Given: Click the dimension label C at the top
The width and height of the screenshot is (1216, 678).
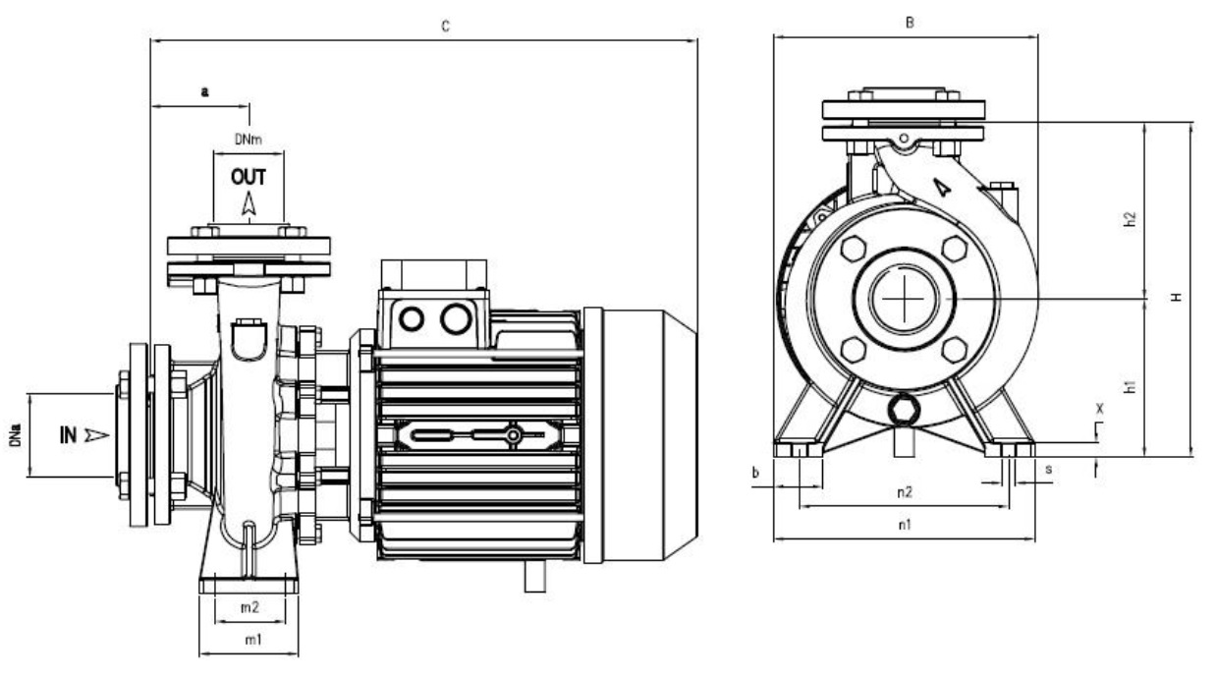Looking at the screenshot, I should pyautogui.click(x=445, y=27).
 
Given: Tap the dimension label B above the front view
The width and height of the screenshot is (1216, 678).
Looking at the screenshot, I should pyautogui.click(x=910, y=23).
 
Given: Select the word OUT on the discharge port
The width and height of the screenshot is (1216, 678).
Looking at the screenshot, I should pyautogui.click(x=249, y=179).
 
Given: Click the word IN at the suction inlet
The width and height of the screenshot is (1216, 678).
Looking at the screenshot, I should pyautogui.click(x=68, y=434).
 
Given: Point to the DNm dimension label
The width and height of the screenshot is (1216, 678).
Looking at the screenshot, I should pyautogui.click(x=248, y=141).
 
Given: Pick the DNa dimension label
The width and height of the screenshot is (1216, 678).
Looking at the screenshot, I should pyautogui.click(x=17, y=435).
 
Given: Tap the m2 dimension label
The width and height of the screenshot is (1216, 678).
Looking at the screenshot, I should pyautogui.click(x=249, y=608).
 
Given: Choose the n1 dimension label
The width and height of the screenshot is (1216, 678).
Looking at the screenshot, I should pyautogui.click(x=905, y=525).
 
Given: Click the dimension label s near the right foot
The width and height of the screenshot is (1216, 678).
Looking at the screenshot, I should pyautogui.click(x=1049, y=470).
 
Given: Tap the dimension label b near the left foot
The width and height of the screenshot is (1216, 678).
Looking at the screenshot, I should pyautogui.click(x=755, y=473).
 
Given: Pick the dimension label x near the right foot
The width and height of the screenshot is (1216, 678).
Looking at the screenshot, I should pyautogui.click(x=1099, y=406).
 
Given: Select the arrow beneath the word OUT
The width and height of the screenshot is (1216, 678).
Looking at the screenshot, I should pyautogui.click(x=249, y=203).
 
